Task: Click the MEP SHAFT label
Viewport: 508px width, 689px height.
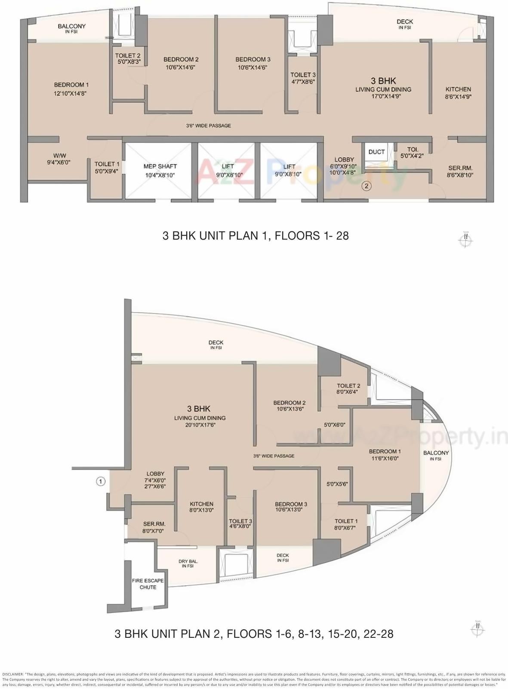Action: (x=160, y=170)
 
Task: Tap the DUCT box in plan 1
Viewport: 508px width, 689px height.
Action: (x=376, y=152)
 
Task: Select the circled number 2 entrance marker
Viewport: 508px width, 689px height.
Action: (x=366, y=186)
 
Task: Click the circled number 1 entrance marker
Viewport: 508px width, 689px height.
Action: (x=100, y=481)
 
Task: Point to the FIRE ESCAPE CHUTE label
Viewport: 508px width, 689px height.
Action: (x=148, y=584)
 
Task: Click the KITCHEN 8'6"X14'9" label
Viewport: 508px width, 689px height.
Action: (x=458, y=93)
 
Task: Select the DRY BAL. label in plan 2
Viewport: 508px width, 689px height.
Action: (x=188, y=563)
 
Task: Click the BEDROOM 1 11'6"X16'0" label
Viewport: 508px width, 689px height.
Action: (x=385, y=455)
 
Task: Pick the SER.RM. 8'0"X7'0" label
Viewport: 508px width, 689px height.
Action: (x=154, y=527)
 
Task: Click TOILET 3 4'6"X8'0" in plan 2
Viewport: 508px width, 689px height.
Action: (x=240, y=523)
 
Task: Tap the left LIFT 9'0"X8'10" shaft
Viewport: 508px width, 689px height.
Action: (x=228, y=170)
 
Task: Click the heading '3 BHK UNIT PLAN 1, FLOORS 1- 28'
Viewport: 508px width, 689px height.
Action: (x=255, y=236)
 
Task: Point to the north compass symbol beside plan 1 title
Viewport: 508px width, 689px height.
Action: (x=465, y=240)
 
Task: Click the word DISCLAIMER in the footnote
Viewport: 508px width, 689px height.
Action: (x=13, y=674)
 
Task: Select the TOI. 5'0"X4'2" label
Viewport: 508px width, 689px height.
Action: (x=406, y=153)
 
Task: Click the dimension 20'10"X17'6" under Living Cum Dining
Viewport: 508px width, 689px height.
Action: (x=200, y=425)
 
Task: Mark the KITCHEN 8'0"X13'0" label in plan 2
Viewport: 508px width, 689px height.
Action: (x=202, y=507)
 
